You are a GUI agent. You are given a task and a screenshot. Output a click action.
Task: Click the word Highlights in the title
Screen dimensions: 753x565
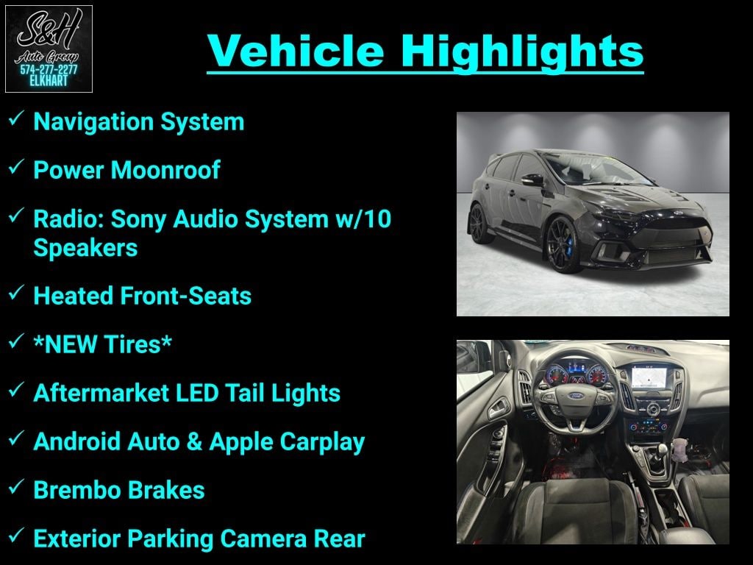click(522, 51)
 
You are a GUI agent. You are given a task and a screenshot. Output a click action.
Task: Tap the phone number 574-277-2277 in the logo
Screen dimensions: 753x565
click(49, 70)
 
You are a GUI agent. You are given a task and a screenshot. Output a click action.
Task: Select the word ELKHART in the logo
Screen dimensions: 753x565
click(49, 81)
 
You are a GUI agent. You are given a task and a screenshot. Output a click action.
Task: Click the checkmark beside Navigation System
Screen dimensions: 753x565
click(17, 118)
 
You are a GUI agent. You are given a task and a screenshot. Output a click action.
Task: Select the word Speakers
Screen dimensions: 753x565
click(85, 249)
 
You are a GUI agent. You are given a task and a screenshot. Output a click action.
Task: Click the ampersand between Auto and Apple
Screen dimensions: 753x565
click(194, 441)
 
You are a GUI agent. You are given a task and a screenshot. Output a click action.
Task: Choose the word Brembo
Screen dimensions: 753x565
click(71, 490)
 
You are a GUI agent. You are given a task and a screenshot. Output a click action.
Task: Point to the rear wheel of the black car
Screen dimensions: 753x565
click(479, 224)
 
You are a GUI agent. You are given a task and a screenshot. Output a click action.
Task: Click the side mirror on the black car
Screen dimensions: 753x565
click(532, 180)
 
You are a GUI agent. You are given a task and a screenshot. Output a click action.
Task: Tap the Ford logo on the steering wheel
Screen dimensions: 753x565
click(576, 396)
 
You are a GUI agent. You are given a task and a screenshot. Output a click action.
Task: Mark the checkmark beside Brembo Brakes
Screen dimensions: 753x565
click(17, 486)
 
